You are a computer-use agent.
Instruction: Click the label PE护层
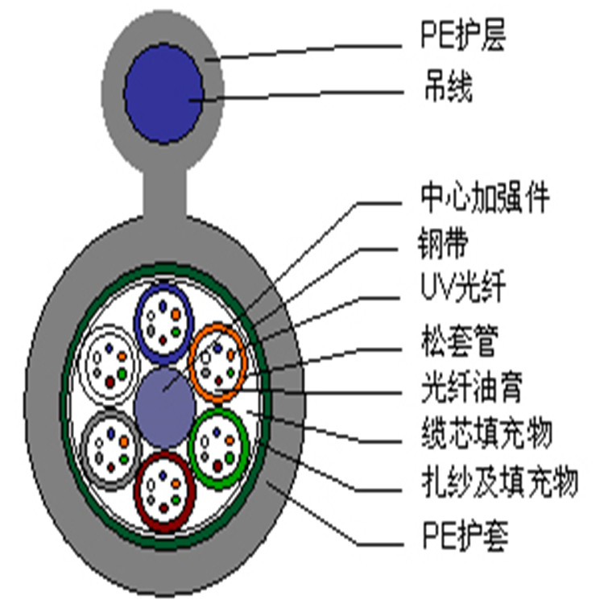pyautogui.click(x=464, y=39)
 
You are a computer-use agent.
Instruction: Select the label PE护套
pyautogui.click(x=465, y=536)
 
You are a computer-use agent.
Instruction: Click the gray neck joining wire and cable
pyautogui.click(x=165, y=191)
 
